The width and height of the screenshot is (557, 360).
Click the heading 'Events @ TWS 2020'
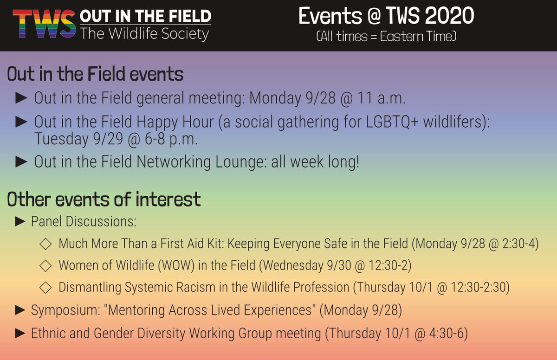(x=386, y=17)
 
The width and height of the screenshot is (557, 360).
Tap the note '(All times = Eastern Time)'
(x=386, y=37)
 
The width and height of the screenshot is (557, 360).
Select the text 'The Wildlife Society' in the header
(x=144, y=34)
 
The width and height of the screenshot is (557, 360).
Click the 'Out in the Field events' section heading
(x=95, y=74)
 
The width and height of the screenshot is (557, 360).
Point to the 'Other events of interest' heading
(x=104, y=199)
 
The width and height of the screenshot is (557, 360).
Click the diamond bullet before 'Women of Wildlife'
(x=45, y=265)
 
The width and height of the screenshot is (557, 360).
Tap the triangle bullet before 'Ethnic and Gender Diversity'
(x=20, y=333)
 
